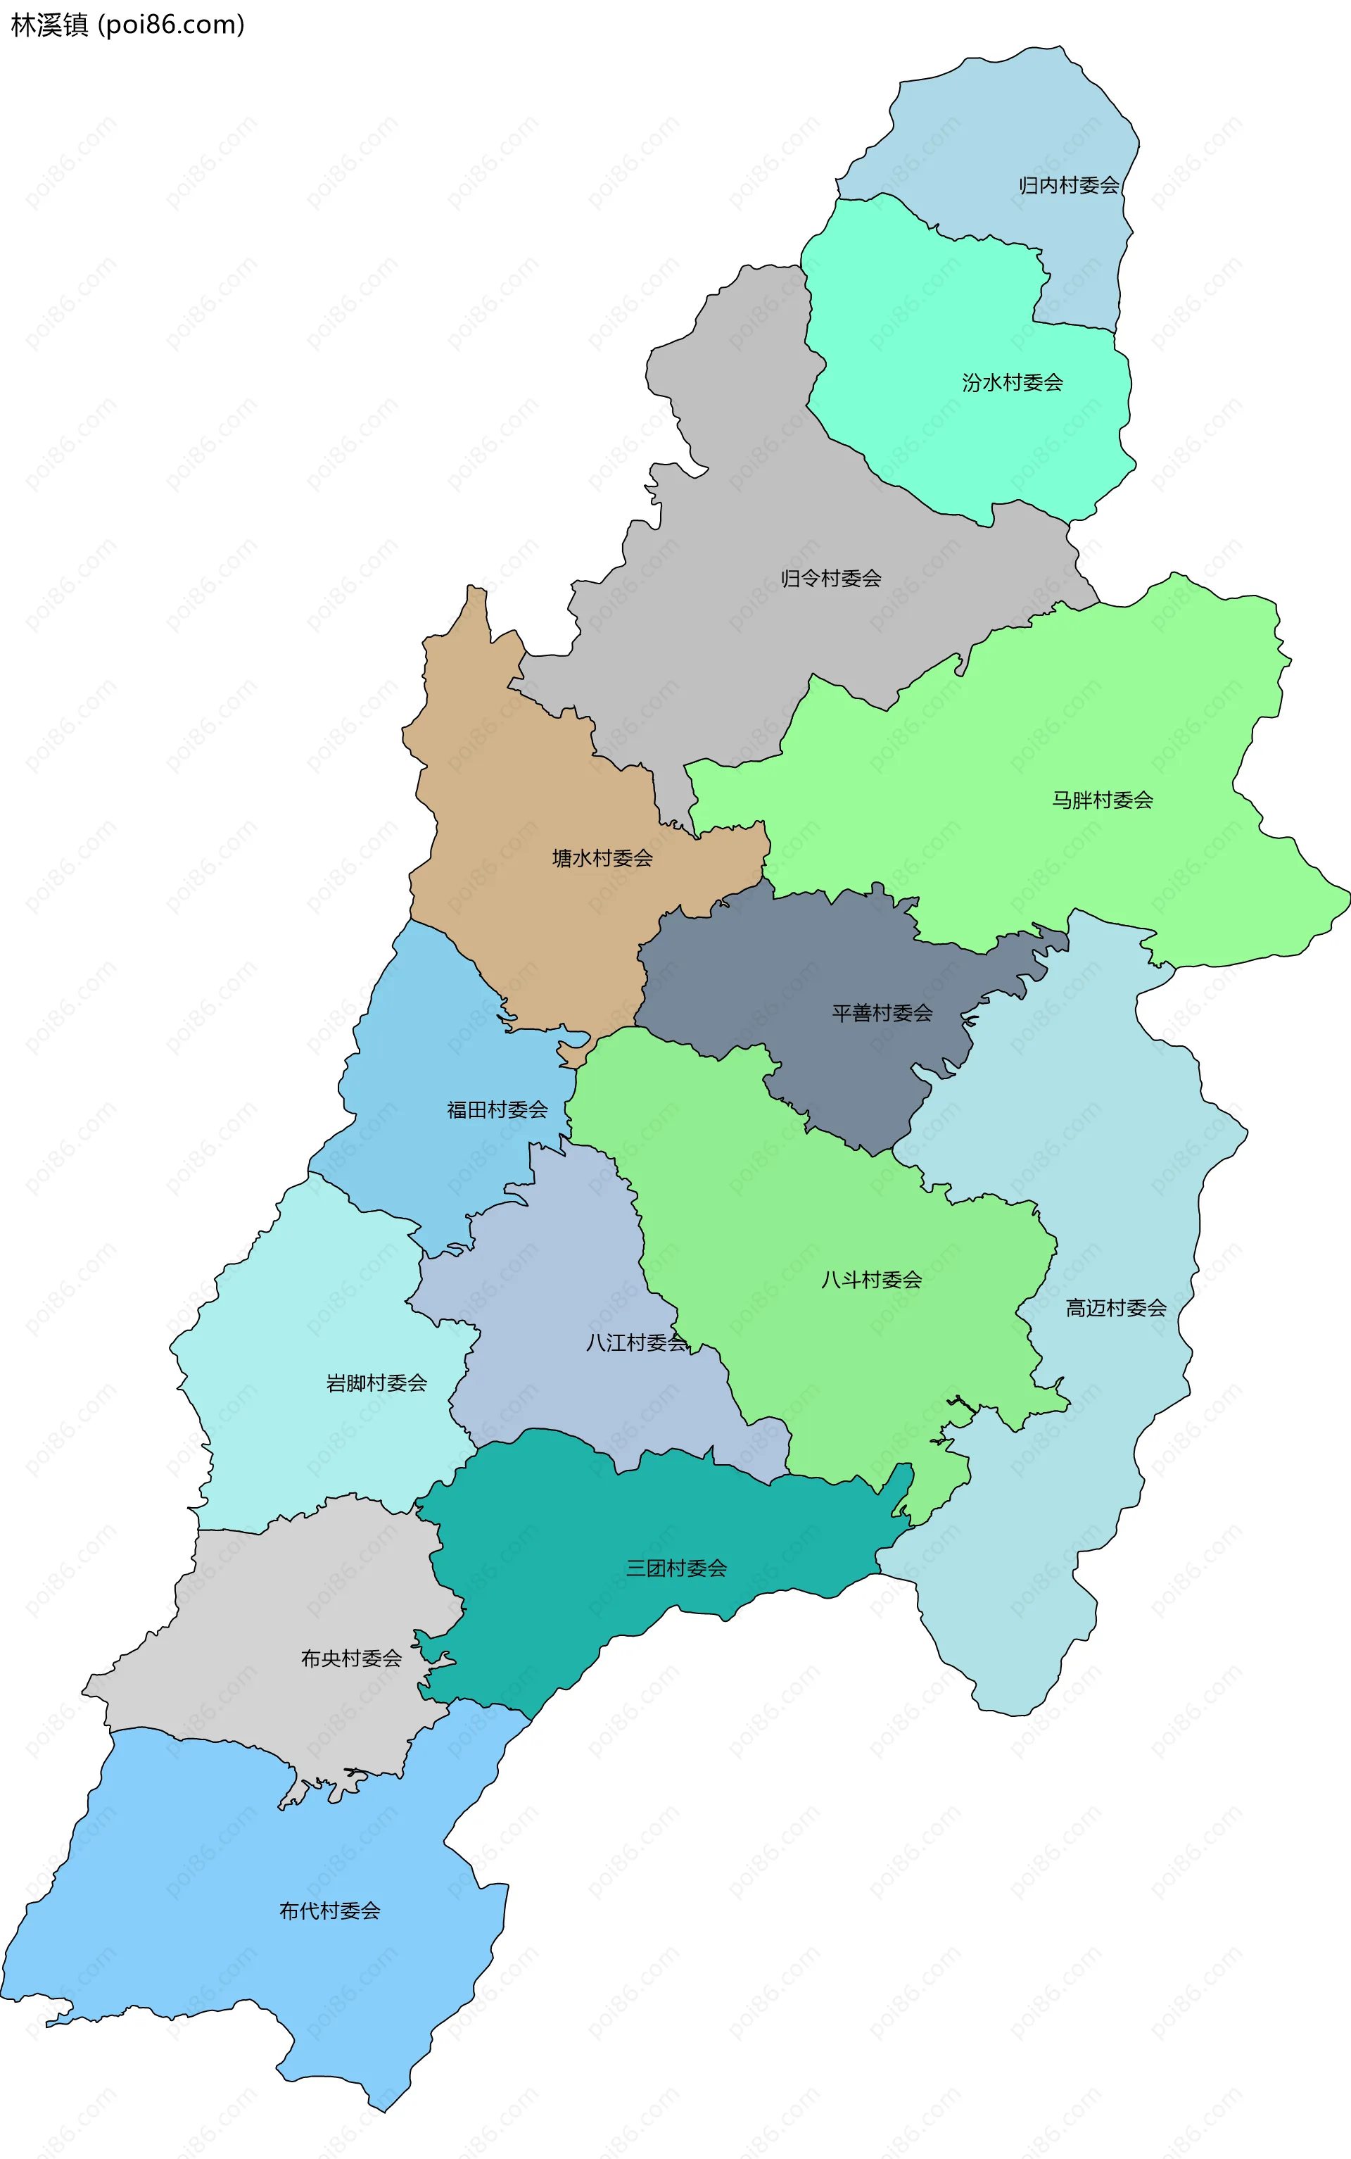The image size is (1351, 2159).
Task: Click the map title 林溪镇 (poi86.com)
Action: [x=127, y=25]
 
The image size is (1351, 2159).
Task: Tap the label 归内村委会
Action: [x=1069, y=185]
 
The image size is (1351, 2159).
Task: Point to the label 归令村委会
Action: [x=831, y=578]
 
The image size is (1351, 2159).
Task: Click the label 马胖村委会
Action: [x=1102, y=800]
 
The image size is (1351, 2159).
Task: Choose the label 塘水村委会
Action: [x=602, y=858]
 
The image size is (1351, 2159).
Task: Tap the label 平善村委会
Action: [x=882, y=1012]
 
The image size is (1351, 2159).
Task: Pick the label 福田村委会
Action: [x=497, y=1109]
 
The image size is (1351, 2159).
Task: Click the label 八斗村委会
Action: [x=871, y=1279]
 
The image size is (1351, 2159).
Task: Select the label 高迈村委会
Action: [x=1116, y=1307]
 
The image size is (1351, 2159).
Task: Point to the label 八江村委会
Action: [x=636, y=1342]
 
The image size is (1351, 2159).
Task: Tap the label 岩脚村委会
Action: [x=376, y=1383]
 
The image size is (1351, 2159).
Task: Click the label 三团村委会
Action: [x=675, y=1568]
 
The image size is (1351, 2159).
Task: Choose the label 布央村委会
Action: [x=351, y=1658]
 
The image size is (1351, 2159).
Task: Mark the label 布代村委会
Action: [x=330, y=1910]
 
